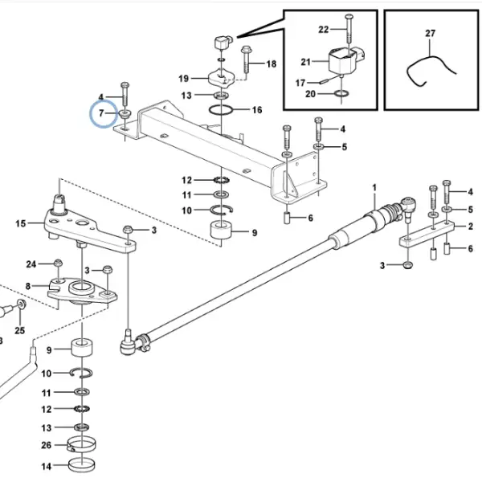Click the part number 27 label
[x=431, y=33]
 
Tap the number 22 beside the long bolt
[x=324, y=30]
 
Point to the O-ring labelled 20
[x=341, y=93]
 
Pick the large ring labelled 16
[x=221, y=110]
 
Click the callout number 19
[x=183, y=79]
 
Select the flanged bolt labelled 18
[x=246, y=59]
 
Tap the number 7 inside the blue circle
[x=101, y=113]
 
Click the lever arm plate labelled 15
[x=89, y=227]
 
